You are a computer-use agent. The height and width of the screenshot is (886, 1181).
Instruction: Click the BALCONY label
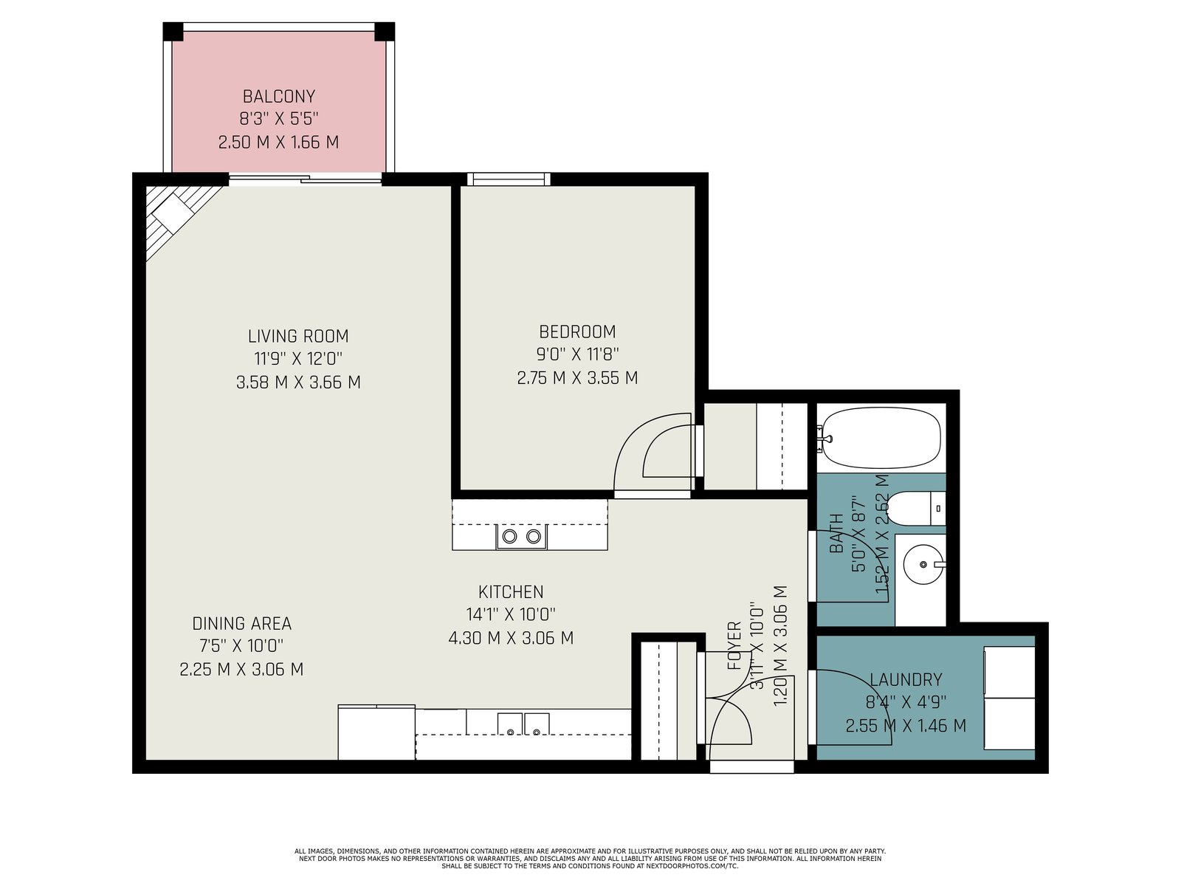tap(279, 96)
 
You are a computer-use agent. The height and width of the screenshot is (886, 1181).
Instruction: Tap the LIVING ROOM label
tap(298, 336)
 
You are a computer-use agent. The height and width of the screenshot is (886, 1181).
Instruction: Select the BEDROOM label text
tap(577, 332)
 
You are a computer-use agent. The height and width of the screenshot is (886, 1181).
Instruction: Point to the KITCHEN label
tap(511, 591)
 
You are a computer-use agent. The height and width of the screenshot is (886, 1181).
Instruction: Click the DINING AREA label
tap(241, 623)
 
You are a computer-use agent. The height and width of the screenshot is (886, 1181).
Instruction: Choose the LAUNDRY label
tap(906, 679)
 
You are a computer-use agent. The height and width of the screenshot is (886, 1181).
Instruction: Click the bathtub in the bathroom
tap(881, 438)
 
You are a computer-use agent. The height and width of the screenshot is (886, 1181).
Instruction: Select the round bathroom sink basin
tap(923, 564)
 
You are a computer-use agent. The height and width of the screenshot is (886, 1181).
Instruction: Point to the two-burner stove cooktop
tap(521, 536)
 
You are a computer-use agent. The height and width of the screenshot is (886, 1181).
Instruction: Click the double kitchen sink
tap(523, 724)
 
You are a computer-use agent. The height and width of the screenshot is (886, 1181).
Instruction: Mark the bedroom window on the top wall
tap(509, 179)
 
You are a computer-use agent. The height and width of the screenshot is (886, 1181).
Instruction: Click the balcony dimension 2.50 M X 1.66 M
tap(279, 142)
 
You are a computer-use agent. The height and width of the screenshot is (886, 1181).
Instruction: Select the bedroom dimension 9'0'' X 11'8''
tap(577, 354)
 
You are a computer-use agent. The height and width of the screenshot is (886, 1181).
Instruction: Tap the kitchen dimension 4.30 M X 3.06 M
tap(511, 638)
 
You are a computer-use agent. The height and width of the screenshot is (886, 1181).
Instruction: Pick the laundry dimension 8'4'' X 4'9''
tap(906, 702)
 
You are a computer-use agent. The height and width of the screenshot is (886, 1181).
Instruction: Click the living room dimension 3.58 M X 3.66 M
tap(298, 382)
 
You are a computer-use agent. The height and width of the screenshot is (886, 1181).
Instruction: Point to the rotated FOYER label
tap(734, 645)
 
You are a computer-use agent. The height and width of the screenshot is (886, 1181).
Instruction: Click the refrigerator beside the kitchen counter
tap(376, 732)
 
